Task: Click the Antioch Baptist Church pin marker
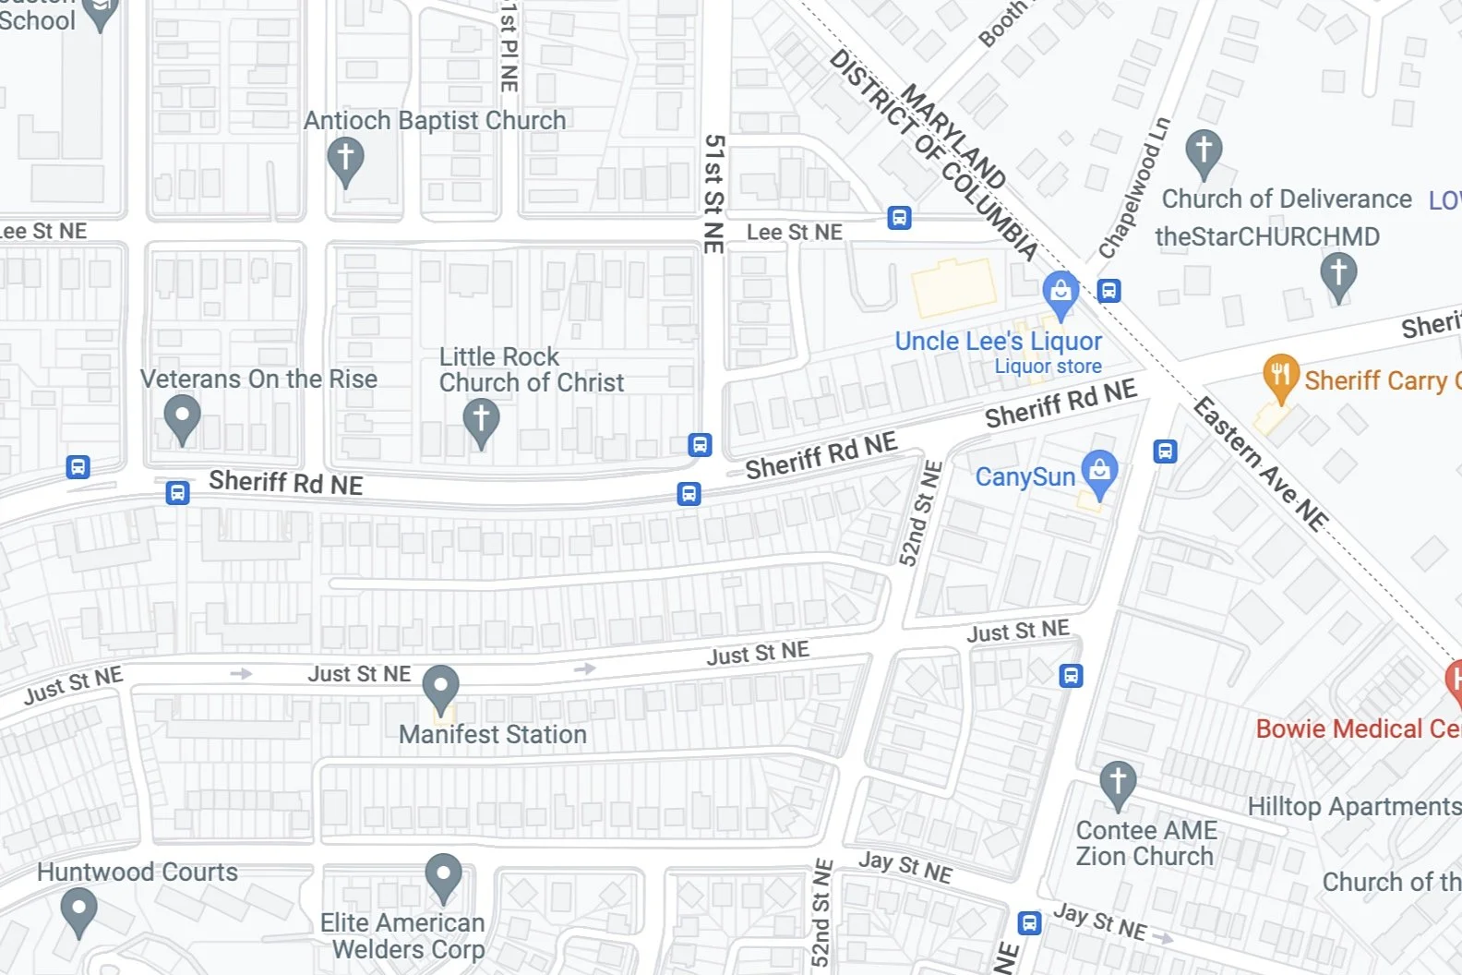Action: coord(345,159)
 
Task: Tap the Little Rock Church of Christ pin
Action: coord(480,420)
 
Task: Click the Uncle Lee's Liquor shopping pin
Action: coord(1061,293)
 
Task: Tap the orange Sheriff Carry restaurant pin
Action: coord(1280,376)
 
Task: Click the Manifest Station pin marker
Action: coord(440,688)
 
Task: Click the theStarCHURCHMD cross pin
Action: coord(1337,275)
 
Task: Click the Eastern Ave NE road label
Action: coord(1261,463)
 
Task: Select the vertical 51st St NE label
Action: coord(713,194)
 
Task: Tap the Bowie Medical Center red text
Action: coord(1358,729)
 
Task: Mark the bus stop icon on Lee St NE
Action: coord(899,218)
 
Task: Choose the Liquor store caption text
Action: coord(1048,367)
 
